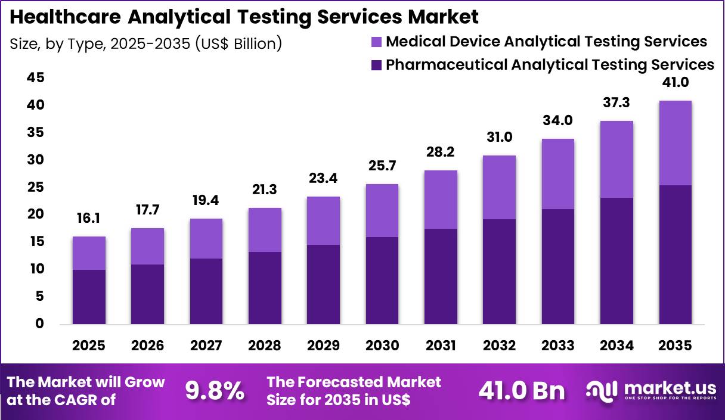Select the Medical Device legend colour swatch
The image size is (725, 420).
[376, 42]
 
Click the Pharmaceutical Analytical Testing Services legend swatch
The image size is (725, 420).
[376, 65]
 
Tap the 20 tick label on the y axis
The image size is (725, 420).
[36, 214]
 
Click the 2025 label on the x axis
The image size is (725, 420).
[89, 346]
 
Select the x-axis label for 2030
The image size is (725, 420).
[382, 346]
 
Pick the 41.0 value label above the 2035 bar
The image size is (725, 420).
[675, 83]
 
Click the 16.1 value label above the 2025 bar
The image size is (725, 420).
[89, 219]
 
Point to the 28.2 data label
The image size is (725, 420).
[441, 153]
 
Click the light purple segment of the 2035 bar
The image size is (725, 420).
[675, 143]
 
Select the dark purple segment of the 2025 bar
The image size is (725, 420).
[89, 297]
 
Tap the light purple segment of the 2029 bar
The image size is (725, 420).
[323, 220]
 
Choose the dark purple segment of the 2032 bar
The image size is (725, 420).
[499, 271]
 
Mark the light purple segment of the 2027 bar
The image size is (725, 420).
[206, 238]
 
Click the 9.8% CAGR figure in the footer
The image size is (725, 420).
[214, 391]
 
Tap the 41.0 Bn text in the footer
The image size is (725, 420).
[522, 391]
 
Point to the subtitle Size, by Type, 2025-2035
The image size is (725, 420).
[146, 43]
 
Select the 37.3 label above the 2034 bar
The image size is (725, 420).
[616, 103]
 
